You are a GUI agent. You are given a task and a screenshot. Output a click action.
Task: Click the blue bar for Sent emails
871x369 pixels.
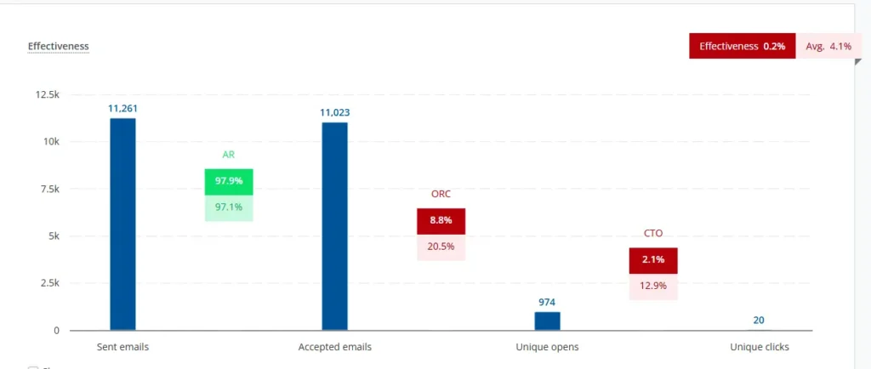(x=122, y=224)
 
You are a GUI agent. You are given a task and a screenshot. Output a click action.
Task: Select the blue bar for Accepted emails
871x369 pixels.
(x=334, y=226)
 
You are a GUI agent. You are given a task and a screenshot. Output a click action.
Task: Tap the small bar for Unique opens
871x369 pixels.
(x=547, y=321)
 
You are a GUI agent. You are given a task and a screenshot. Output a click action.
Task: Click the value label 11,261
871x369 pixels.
(x=122, y=108)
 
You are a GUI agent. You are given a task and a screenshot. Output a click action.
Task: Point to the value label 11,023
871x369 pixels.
(x=334, y=112)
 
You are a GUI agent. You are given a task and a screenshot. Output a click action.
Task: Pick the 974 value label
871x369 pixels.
(x=547, y=302)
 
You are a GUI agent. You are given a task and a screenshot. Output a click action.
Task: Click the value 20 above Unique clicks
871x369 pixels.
(x=759, y=321)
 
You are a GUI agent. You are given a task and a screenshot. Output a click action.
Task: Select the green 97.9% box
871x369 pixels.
(x=229, y=182)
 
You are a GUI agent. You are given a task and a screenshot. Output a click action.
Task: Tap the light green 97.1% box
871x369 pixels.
(x=229, y=207)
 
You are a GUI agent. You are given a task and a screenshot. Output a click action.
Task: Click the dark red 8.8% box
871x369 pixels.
(x=441, y=221)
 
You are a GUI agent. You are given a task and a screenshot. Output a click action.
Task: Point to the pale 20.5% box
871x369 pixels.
(x=441, y=247)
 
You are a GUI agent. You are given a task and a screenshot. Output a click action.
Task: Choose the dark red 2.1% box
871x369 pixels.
(x=653, y=260)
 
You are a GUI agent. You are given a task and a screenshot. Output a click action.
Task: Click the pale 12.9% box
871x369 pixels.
(x=653, y=286)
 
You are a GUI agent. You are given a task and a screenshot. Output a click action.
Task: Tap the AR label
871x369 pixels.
(x=229, y=155)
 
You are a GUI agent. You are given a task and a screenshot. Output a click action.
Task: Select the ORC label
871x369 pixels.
(x=441, y=194)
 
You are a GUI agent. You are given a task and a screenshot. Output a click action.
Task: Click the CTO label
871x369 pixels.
(x=653, y=233)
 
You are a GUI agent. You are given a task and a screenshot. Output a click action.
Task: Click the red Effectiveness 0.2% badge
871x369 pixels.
(x=742, y=46)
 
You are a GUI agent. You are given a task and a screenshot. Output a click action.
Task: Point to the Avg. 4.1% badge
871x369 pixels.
(x=828, y=46)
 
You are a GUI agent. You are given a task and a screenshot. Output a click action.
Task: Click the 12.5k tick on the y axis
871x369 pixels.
(x=48, y=94)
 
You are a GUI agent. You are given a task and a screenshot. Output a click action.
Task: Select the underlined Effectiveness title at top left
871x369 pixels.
(x=58, y=46)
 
